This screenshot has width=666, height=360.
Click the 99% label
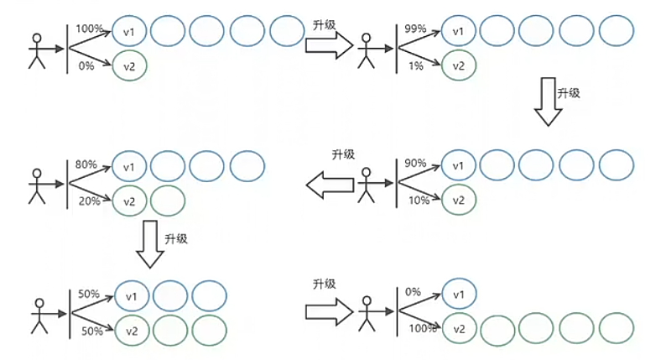415,29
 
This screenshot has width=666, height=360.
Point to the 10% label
417,200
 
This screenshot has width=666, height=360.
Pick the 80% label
86,164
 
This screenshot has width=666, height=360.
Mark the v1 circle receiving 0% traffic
458,294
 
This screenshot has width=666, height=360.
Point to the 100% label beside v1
89,29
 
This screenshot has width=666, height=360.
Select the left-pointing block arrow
329,184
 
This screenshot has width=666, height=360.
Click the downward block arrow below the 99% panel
549,102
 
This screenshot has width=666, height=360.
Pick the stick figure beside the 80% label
36,185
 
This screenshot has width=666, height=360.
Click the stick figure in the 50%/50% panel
36,314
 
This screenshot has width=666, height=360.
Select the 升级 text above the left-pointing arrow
343,154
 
